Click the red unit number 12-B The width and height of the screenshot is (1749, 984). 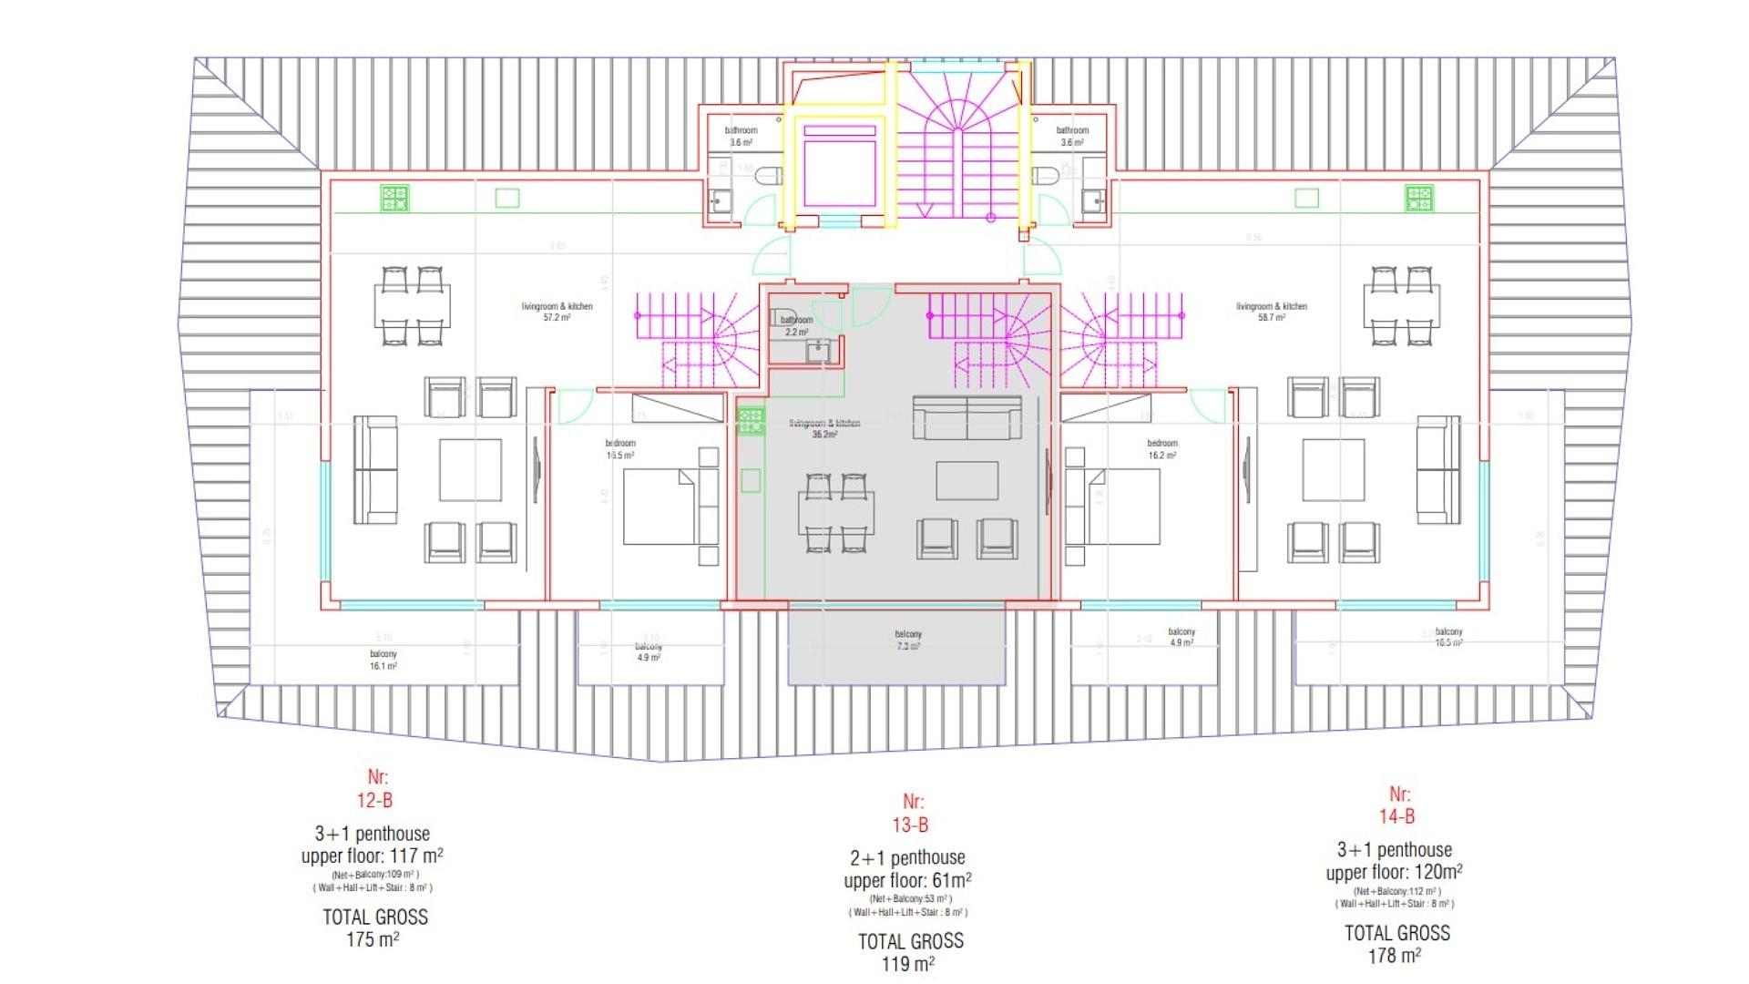374,801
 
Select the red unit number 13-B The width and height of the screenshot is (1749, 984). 910,825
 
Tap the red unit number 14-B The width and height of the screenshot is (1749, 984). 1396,816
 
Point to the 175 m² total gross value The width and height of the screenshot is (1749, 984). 373,939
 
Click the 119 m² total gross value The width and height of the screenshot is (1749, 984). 908,964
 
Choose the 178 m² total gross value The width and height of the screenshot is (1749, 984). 1395,956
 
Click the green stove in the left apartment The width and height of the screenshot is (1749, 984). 394,198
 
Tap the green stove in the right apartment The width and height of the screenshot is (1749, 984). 1418,198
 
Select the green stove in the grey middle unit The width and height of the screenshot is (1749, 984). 751,420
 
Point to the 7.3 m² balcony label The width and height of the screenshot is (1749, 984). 907,641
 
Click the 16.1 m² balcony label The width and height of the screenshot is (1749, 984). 384,661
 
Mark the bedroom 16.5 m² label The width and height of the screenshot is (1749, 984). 620,449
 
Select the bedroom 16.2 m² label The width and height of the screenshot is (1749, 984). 1161,449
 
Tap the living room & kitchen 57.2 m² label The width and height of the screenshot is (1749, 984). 557,312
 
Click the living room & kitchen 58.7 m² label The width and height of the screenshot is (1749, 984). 1271,312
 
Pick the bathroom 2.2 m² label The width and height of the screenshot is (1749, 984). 796,326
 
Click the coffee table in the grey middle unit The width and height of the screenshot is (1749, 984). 967,480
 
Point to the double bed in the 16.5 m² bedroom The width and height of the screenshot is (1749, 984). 660,507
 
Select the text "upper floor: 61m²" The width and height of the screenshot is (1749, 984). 907,881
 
